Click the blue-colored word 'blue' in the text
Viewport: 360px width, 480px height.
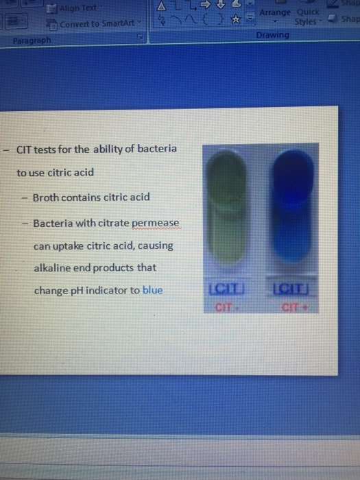pyautogui.click(x=153, y=290)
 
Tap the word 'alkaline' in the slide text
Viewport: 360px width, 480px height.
pyautogui.click(x=52, y=267)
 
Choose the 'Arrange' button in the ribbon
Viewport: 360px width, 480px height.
pyautogui.click(x=275, y=12)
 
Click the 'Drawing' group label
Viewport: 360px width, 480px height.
pyautogui.click(x=272, y=35)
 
